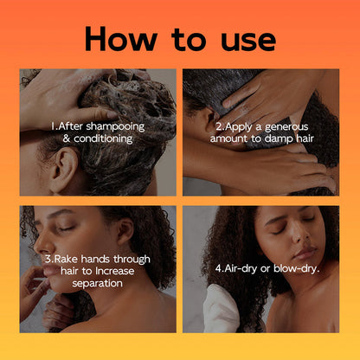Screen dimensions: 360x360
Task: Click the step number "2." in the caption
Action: coord(220,125)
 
